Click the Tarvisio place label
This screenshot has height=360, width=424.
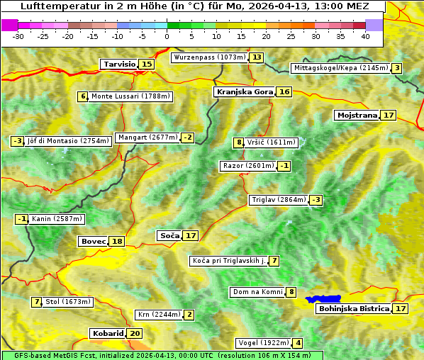[x=119, y=64]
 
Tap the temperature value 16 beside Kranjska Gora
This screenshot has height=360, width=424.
[x=284, y=92]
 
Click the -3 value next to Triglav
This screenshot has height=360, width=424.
[x=316, y=200]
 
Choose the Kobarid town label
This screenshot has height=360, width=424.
[x=107, y=333]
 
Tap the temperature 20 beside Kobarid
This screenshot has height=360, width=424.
[x=135, y=333]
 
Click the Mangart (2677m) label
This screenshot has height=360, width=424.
[x=147, y=137]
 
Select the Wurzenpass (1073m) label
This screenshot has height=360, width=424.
[x=209, y=57]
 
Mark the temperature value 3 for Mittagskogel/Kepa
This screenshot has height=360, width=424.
[x=398, y=68]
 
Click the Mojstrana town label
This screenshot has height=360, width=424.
[x=357, y=115]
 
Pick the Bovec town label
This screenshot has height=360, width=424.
[x=93, y=241]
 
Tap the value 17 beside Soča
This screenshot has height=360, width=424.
[x=191, y=235]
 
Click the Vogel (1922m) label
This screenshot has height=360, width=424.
[x=262, y=343]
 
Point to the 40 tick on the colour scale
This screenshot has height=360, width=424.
[x=365, y=36]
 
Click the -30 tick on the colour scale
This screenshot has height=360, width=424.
[x=18, y=36]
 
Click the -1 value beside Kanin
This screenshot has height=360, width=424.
[x=22, y=219]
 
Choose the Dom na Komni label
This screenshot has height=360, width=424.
[x=257, y=292]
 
